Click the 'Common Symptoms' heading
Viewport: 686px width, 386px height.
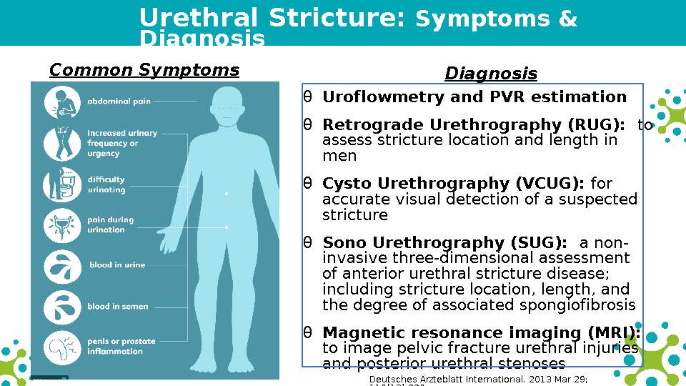click(x=144, y=70)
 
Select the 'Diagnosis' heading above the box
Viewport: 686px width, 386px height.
click(x=491, y=74)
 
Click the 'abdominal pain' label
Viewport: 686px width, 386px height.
click(x=119, y=102)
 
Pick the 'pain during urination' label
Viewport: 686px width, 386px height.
click(x=111, y=225)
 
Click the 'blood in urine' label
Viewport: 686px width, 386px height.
click(x=117, y=265)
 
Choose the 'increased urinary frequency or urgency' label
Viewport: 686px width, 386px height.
click(x=122, y=143)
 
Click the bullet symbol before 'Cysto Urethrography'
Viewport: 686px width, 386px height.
click(x=307, y=184)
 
